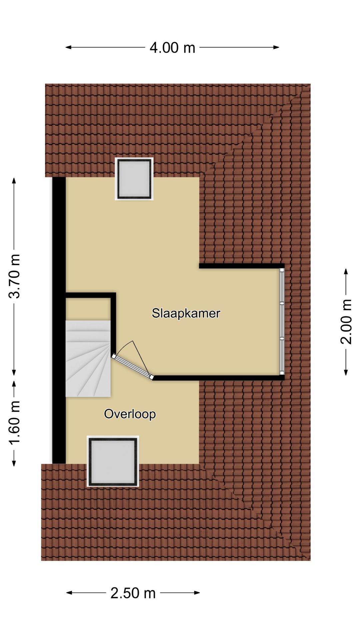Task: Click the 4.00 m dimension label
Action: pos(172,48)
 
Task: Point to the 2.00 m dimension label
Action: pos(346,322)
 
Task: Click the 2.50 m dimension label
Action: pos(133,593)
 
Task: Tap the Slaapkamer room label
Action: pos(186,313)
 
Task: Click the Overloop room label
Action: pos(130,414)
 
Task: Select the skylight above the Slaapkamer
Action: pos(134,179)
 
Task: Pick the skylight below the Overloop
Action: pos(113,461)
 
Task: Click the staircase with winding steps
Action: pos(88,358)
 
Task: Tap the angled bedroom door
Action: pos(132,367)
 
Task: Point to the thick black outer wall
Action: pos(59,320)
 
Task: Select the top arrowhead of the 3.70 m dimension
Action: pos(14,180)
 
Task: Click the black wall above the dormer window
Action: pos(240,266)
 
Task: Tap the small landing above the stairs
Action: pos(88,309)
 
